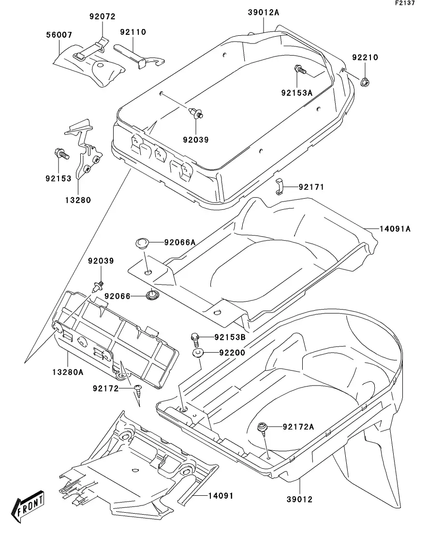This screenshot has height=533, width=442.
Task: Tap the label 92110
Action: (x=133, y=32)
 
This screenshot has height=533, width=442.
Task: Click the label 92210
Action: (x=365, y=58)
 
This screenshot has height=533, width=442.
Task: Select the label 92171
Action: (x=311, y=187)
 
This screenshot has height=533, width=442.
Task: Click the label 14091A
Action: (x=395, y=229)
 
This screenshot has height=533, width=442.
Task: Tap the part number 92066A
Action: (x=179, y=243)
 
